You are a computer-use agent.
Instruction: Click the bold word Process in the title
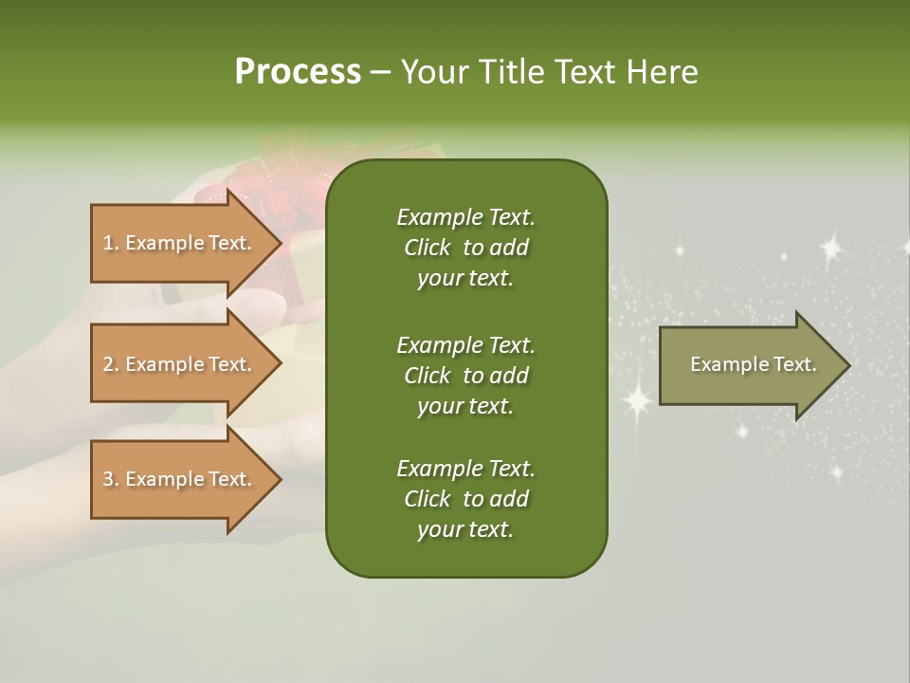point(298,72)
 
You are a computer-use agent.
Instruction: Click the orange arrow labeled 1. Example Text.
point(187,243)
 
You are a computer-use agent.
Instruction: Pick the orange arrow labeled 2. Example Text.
point(187,363)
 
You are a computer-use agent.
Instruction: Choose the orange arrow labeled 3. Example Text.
point(187,479)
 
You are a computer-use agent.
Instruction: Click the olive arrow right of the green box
point(755,365)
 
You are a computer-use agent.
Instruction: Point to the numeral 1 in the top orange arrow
point(107,243)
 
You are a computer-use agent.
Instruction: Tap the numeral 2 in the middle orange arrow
point(107,364)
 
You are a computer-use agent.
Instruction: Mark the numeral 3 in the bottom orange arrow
point(107,479)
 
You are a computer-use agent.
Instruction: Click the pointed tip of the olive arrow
point(851,365)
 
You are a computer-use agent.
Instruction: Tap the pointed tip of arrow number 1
point(282,243)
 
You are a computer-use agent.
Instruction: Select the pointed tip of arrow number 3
point(282,480)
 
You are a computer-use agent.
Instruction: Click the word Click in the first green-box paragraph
point(428,248)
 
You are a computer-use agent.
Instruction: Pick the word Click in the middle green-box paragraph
point(428,376)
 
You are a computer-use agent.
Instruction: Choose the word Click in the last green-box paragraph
point(428,498)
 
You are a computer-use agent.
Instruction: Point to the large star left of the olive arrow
point(637,400)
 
